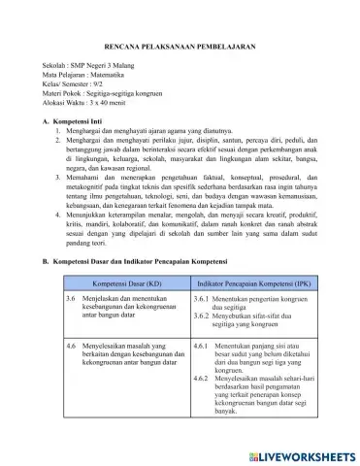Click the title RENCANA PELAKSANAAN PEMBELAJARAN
180,47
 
